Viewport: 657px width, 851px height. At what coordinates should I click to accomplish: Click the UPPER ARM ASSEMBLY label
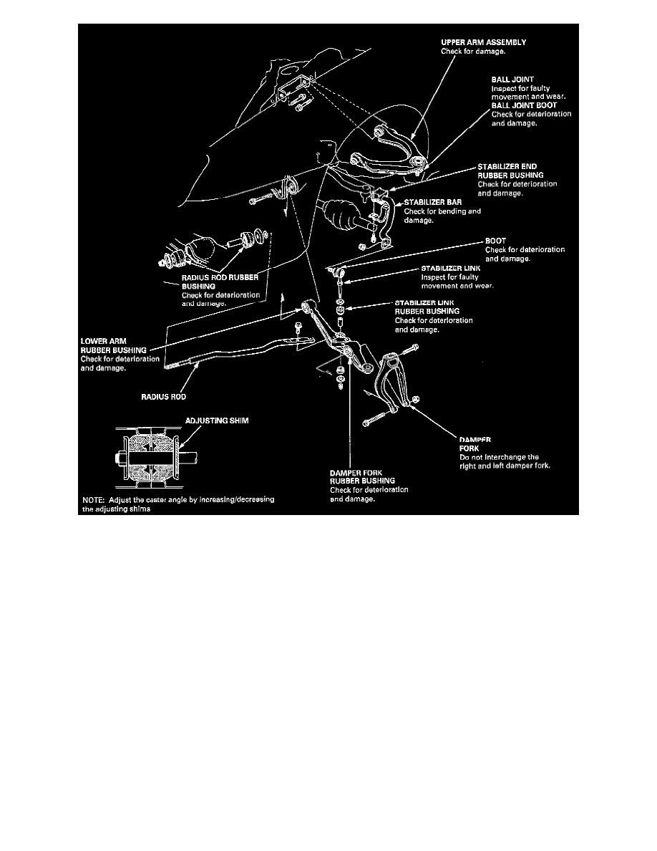tap(483, 42)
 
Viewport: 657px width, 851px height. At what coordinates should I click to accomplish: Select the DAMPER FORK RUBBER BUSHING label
tap(368, 476)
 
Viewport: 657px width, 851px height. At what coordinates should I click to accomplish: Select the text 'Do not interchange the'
tap(498, 457)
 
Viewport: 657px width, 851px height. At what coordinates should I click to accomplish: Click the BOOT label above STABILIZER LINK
tap(495, 241)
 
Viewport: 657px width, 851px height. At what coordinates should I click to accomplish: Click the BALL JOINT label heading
tap(512, 80)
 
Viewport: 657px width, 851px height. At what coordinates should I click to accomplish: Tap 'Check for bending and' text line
tap(442, 212)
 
